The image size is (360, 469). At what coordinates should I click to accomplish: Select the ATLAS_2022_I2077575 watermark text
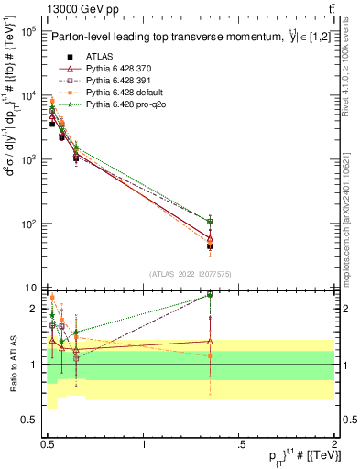point(190,273)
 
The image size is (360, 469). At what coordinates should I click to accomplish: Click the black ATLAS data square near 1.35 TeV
point(210,245)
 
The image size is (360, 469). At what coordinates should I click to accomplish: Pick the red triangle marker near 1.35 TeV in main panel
point(210,237)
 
